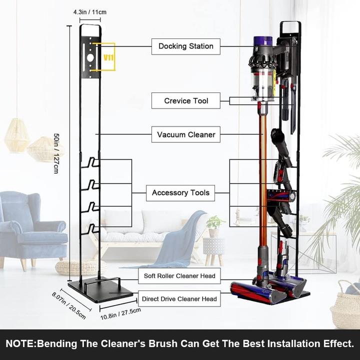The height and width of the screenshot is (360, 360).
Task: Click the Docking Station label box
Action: click(186, 46)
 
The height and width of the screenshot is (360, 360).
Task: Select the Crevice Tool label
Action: click(186, 101)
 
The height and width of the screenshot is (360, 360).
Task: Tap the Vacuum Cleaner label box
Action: click(186, 134)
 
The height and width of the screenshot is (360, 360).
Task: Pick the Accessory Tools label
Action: click(180, 192)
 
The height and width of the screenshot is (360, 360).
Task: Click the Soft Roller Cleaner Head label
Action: click(179, 275)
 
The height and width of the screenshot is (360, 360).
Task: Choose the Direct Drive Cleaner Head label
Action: click(179, 299)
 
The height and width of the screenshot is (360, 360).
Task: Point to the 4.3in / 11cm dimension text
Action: click(89, 11)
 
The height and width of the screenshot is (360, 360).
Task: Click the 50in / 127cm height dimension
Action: click(59, 150)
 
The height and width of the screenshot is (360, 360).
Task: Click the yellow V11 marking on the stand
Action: click(108, 57)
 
